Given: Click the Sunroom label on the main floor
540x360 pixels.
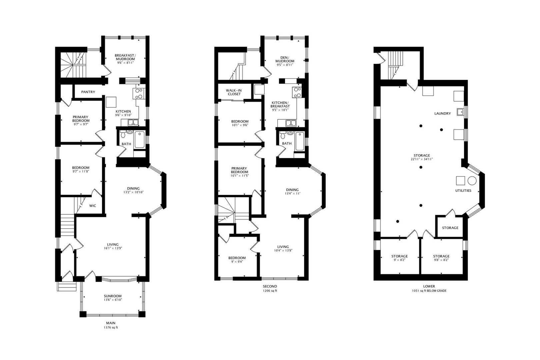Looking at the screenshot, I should point(112,296).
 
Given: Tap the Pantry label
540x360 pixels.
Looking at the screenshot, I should point(88,92).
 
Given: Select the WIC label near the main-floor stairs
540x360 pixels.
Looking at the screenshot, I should point(93,206).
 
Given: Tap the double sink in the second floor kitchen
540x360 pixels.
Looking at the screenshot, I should point(291,123).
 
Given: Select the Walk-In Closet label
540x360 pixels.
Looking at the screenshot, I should point(234,92).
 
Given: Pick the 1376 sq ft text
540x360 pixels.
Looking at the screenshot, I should point(111,328).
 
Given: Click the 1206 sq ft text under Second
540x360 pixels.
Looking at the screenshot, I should point(270,291).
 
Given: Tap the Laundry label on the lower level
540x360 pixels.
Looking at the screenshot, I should point(442,113).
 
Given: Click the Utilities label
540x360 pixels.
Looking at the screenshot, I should point(463,191).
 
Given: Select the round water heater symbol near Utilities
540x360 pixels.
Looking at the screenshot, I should point(472,181).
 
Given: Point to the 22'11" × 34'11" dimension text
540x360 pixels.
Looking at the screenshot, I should point(422,159).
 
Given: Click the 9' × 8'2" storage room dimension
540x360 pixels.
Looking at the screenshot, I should point(399,260).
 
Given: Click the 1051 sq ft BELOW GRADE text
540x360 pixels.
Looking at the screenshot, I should point(429,291).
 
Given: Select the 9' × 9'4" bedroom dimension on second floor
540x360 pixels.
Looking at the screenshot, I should point(237,262).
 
